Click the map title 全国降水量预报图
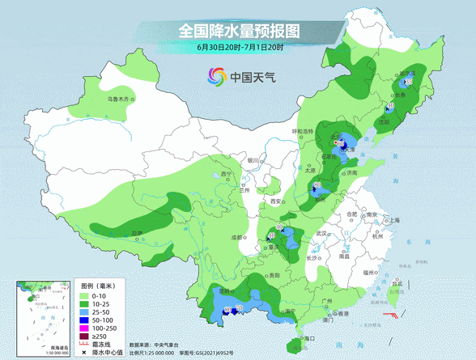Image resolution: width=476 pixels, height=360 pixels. tap(238, 31)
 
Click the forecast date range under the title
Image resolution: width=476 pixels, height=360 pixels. tap(238, 48)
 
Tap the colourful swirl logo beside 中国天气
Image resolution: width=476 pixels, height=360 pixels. tap(216, 77)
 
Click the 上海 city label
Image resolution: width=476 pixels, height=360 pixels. tap(394, 220)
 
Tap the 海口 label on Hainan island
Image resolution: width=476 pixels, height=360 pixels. tap(307, 337)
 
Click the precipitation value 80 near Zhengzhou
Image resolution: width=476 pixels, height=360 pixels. tap(317, 186)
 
